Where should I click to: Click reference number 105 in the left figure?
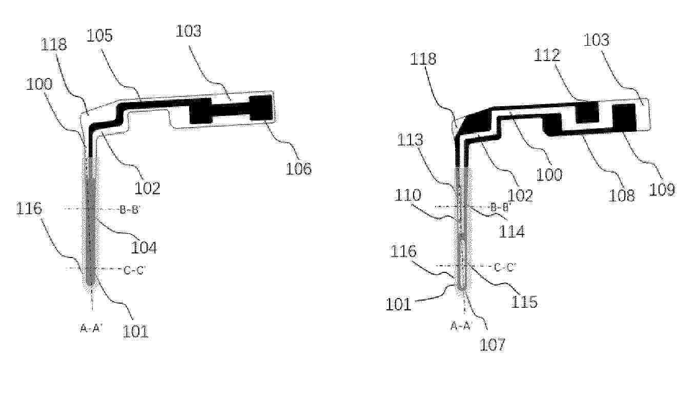99,35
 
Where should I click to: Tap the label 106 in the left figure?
298,169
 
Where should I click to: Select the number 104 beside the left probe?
143,248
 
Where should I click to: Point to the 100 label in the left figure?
39,84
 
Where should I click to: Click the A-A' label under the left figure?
91,328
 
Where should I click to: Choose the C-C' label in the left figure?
134,270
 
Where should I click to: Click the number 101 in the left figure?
135,331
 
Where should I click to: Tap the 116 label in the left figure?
29,208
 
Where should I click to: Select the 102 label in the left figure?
147,188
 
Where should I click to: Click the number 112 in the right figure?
547,55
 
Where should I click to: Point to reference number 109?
662,189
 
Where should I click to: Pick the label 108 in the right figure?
622,195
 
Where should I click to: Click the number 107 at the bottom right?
492,345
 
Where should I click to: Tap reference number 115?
524,302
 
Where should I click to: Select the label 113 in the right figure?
410,140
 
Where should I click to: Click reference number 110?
407,195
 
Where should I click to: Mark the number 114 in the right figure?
512,231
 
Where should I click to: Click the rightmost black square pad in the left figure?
262,108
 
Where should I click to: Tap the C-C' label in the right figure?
505,267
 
